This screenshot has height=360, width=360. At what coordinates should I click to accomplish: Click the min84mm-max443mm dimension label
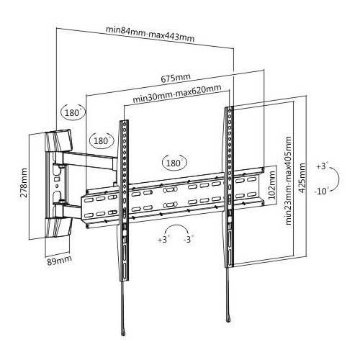pos(150,34)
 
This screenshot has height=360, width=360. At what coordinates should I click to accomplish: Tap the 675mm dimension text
pos(176,78)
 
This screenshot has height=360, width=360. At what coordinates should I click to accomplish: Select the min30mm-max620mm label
pos(177,94)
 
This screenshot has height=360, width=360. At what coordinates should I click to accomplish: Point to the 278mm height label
pos(24,183)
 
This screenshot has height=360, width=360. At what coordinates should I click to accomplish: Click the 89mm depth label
pos(59,260)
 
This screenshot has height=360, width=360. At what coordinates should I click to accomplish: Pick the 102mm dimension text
pos(271,185)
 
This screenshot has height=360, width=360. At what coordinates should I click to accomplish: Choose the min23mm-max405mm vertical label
pos(288,181)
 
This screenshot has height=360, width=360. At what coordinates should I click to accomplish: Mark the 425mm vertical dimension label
pos(302,178)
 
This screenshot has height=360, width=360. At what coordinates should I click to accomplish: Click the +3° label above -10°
pos(322,166)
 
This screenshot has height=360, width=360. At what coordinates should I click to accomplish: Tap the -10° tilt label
pos(321,191)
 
